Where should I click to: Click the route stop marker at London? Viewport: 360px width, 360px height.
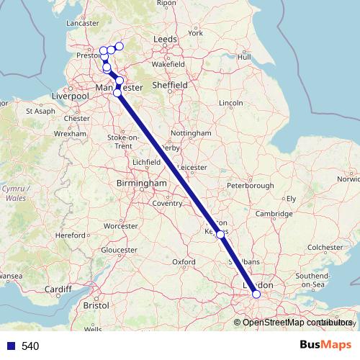pos(256,294)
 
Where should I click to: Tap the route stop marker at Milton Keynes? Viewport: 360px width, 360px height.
pos(220,234)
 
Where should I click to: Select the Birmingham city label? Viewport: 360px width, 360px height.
pos(141,184)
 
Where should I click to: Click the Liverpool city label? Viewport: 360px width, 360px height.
pos(71,96)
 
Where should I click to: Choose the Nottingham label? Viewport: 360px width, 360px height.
pos(191,133)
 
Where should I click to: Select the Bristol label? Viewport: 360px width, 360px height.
pos(96,305)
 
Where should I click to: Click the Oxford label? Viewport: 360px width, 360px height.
pos(184,261)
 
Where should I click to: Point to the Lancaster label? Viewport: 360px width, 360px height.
pos(81,23)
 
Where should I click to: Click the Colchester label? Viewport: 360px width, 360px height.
pos(325,247)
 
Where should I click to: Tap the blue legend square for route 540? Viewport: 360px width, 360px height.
pos(10,346)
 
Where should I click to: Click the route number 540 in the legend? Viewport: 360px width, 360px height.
pos(30,346)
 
